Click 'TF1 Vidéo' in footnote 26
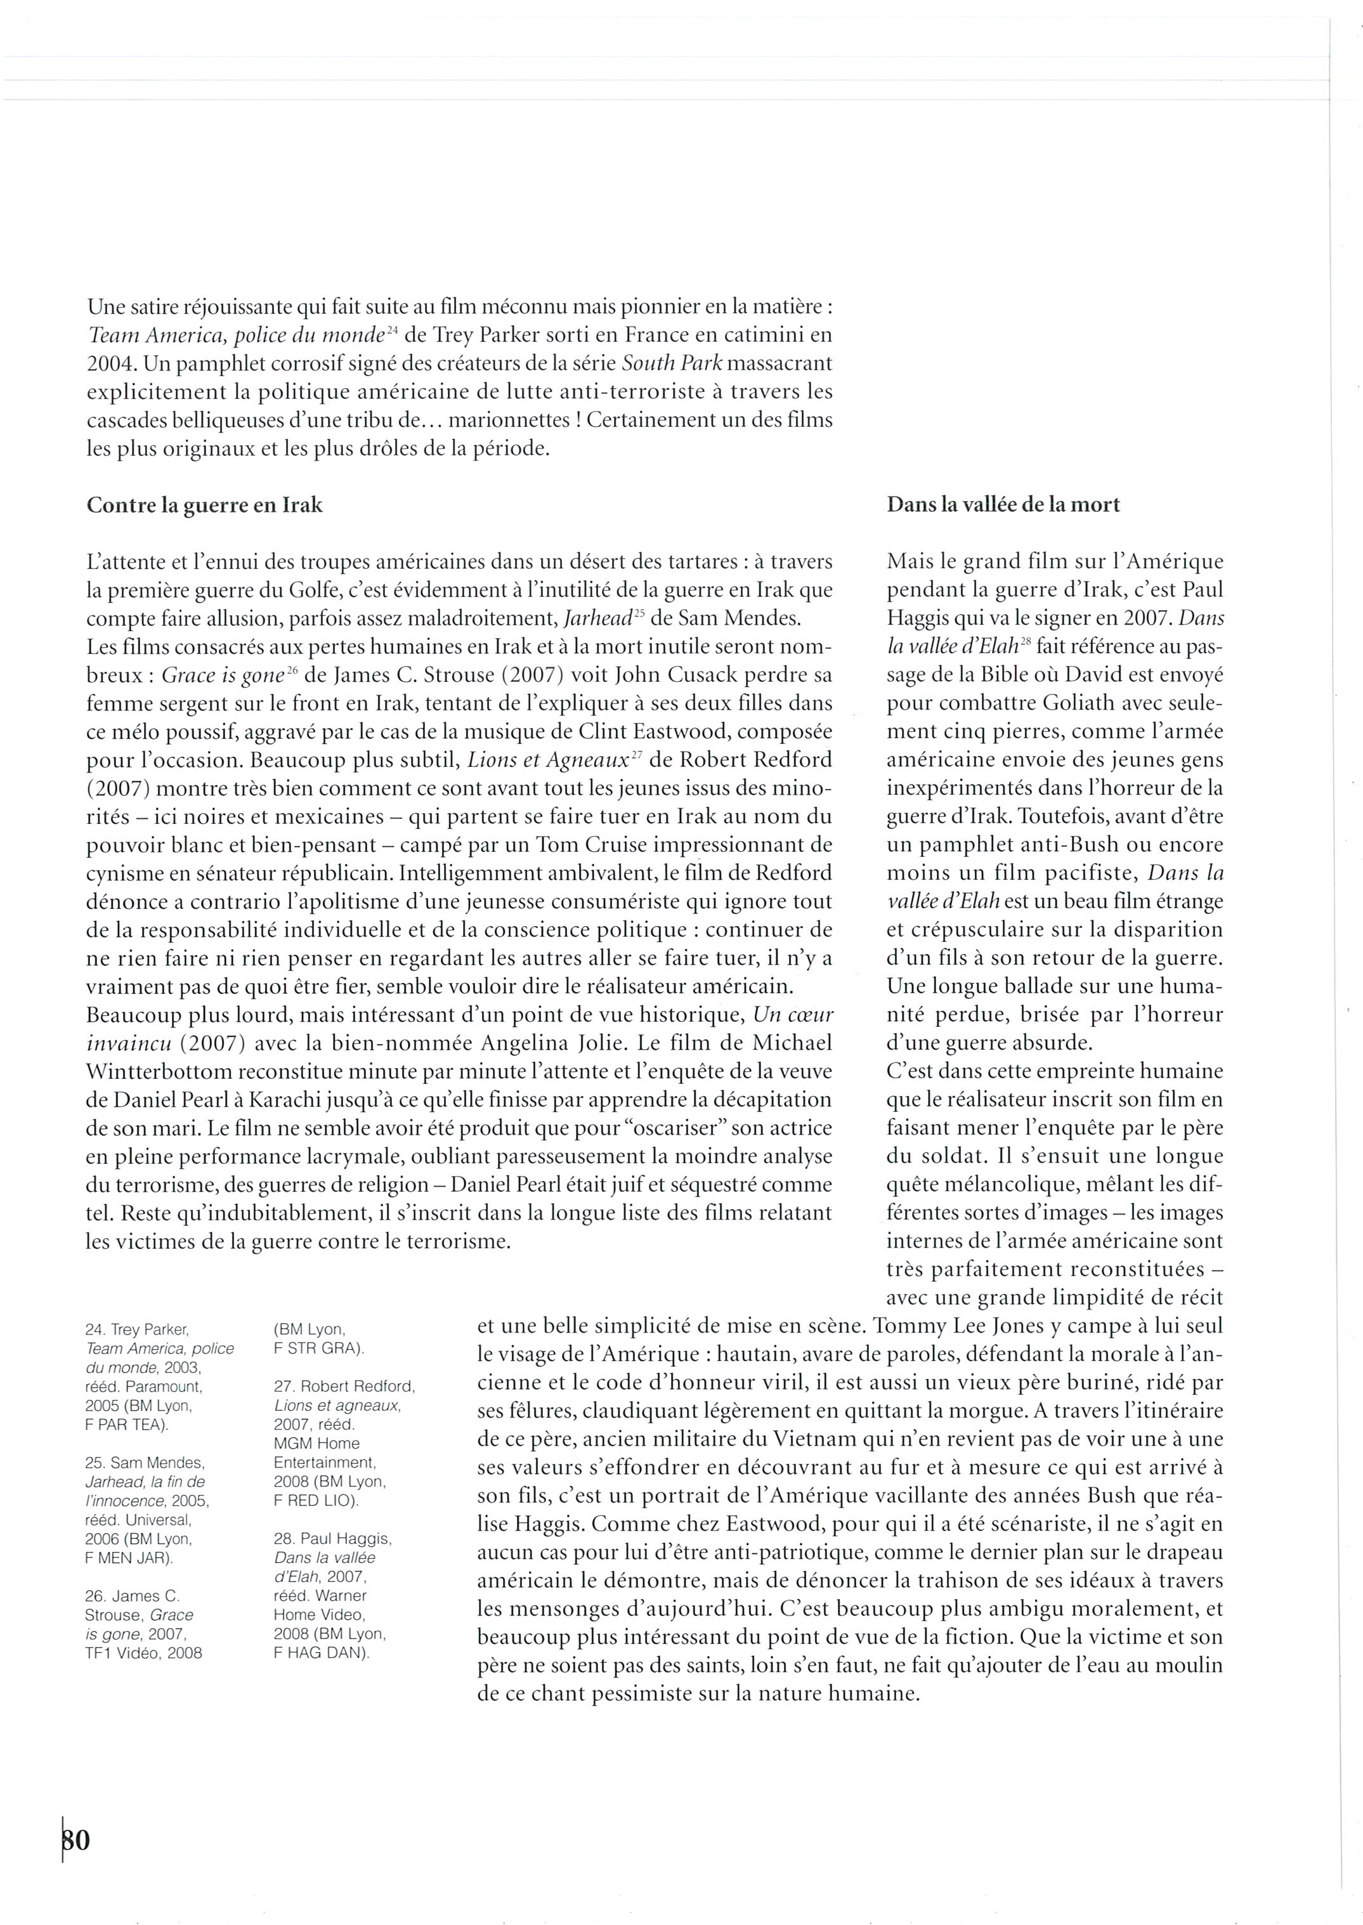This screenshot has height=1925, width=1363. [x=119, y=1653]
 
